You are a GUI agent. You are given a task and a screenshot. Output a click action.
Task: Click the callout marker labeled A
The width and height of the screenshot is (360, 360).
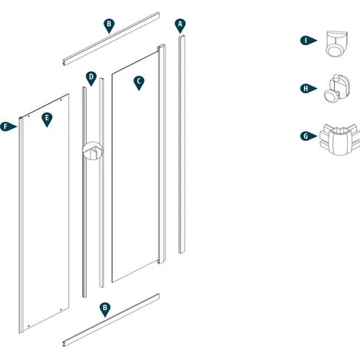pos(180,25)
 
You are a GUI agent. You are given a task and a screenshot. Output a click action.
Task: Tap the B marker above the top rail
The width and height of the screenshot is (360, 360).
pos(109,25)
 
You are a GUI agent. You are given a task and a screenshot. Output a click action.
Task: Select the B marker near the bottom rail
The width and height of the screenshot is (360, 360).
pos(105,308)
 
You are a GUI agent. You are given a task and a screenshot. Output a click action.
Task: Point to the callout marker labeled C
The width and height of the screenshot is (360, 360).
pos(139,81)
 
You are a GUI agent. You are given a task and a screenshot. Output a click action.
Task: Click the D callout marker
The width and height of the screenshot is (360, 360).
pos(91,77)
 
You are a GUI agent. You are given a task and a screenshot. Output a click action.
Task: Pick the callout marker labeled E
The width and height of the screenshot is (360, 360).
pos(47,119)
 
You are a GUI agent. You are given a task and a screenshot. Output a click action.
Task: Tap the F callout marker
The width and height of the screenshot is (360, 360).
pos(8,126)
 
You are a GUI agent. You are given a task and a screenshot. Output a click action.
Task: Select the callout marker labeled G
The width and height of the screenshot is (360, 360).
pos(306,136)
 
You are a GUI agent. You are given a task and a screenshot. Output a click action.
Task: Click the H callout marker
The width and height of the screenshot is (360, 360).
pos(306,89)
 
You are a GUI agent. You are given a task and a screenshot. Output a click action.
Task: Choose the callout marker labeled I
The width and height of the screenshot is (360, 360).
pos(306,41)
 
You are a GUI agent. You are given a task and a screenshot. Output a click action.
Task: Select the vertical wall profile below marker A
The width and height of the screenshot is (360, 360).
pos(182,146)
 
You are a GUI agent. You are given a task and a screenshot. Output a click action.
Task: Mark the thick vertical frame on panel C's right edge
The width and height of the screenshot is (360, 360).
pos(161,153)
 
